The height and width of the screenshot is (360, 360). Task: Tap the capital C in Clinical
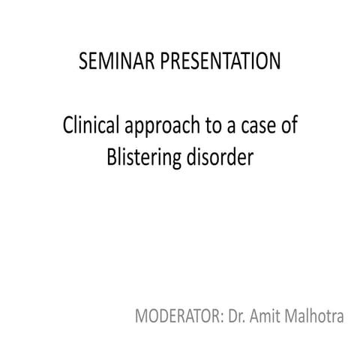click(67, 126)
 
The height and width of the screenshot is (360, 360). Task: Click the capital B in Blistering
click(104, 157)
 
